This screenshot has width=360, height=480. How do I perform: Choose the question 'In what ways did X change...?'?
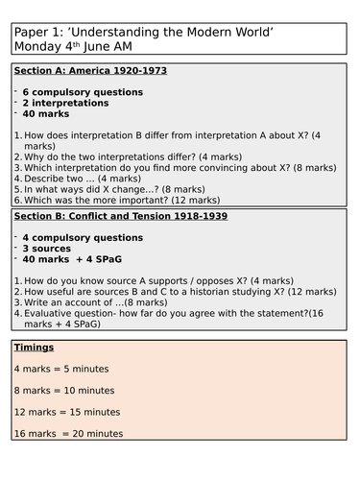point(120,190)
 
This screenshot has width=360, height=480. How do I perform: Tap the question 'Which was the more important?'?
point(125,203)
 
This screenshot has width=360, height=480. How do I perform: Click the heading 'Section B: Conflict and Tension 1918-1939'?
point(121,217)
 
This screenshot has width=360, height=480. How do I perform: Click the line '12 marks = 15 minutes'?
point(66,412)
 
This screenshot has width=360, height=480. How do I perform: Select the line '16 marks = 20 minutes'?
point(67,434)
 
